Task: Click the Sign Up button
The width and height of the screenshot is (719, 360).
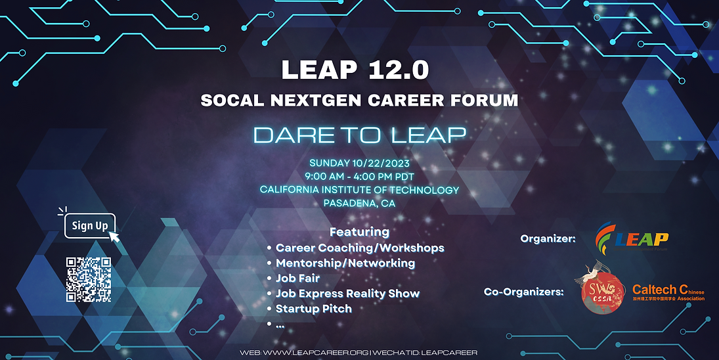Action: coord(90,226)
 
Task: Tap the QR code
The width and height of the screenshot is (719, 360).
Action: coord(89,280)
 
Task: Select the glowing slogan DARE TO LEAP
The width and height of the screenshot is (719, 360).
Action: coord(359,135)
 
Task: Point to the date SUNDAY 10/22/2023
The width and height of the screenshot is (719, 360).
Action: coord(359,163)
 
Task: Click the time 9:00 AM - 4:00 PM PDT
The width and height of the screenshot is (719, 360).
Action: coord(359,176)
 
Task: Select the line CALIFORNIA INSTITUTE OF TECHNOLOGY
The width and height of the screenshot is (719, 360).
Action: coord(359,190)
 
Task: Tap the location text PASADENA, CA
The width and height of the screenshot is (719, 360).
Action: coord(359,203)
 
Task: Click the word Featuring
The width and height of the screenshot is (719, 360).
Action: coord(359,232)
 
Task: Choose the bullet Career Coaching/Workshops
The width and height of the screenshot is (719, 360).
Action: coord(360,248)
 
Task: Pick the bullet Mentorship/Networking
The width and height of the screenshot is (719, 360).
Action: coord(345,263)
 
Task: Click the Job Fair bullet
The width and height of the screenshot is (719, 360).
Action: coord(297,278)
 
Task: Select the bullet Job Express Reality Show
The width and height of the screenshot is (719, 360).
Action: coord(347,293)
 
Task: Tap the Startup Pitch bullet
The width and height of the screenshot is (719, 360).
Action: coord(313,308)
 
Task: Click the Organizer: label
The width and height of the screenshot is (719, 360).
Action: coord(548,238)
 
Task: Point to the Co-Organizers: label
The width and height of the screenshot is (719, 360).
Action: coord(523,291)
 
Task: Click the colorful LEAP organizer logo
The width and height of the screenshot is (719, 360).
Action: coord(631,238)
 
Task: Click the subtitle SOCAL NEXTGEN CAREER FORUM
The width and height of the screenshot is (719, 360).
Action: coord(359,101)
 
